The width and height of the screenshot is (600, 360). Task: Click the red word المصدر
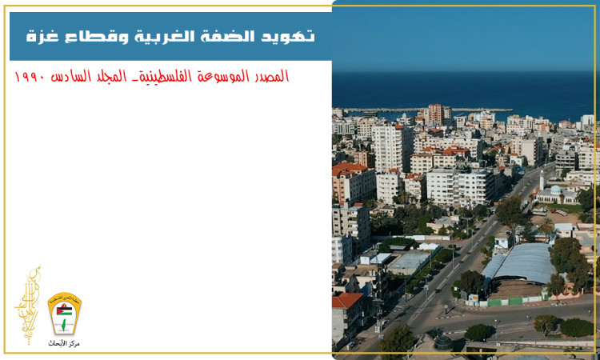pyautogui.click(x=268, y=78)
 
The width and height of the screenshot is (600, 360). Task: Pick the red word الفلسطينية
pyautogui.click(x=164, y=78)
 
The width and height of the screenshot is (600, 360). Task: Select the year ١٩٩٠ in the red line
pyautogui.click(x=30, y=78)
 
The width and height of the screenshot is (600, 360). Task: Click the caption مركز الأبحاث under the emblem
pyautogui.click(x=64, y=343)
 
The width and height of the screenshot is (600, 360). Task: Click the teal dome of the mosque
pyautogui.click(x=555, y=190)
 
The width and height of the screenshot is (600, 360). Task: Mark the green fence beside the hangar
pyautogui.click(x=512, y=302)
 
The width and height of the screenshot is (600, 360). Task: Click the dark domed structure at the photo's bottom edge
pyautogui.click(x=442, y=342)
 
